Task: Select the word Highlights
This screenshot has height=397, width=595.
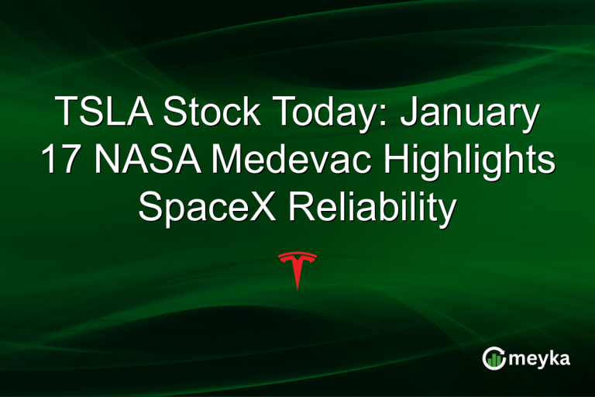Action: tap(469, 163)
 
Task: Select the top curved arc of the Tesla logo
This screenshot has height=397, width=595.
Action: tap(297, 254)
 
